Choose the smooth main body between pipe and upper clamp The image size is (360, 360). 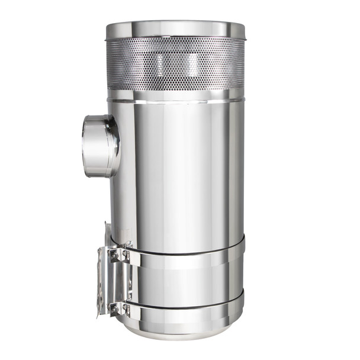coord(178,178)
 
